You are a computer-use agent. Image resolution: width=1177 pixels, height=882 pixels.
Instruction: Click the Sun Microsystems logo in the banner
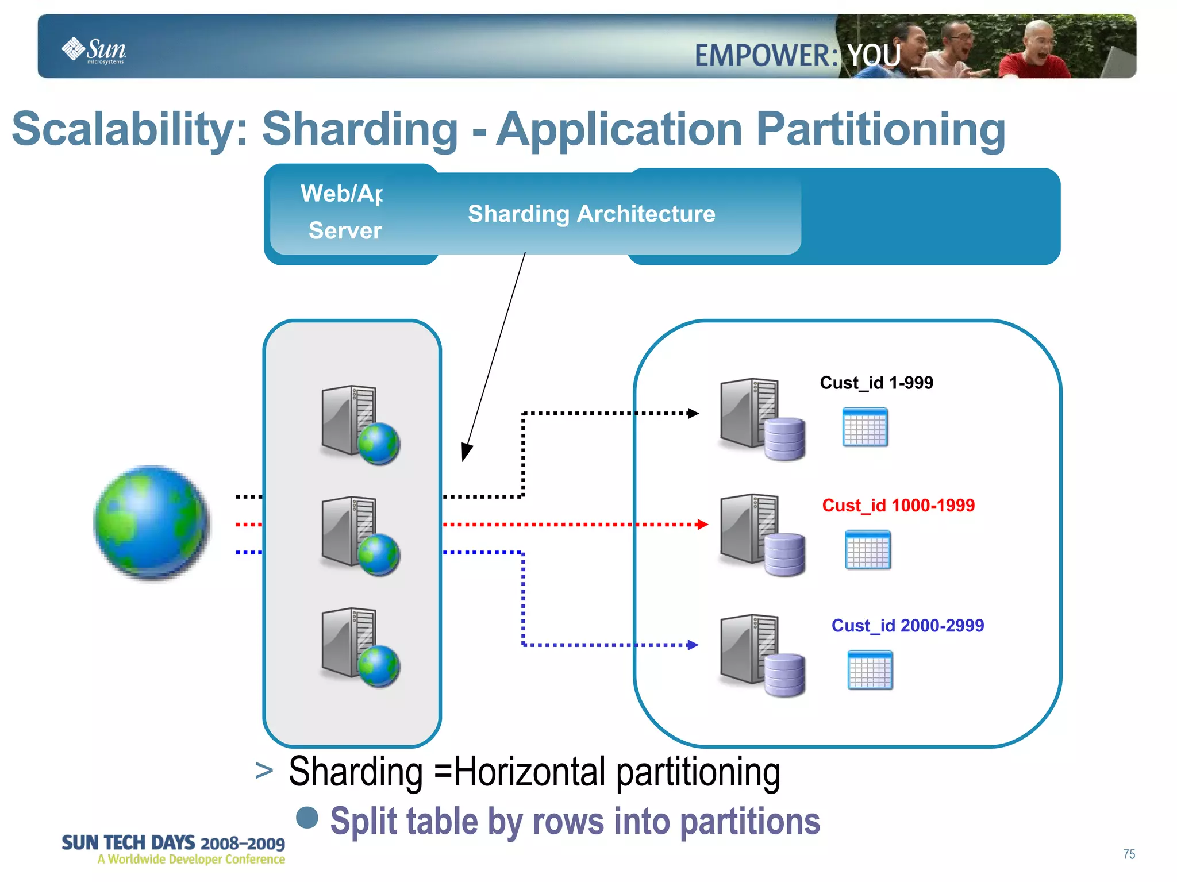tap(94, 50)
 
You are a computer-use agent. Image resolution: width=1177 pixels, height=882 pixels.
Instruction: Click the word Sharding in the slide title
tap(360, 129)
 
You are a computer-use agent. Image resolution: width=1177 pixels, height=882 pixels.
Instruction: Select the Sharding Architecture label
tap(591, 214)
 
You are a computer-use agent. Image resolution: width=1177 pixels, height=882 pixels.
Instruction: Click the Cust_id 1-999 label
tap(876, 383)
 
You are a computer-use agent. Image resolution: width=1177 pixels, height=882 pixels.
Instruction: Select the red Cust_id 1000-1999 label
tap(898, 506)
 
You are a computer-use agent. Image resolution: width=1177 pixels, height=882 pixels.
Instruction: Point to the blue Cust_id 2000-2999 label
tap(907, 625)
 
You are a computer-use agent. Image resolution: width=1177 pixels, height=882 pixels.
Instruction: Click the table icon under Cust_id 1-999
tap(865, 427)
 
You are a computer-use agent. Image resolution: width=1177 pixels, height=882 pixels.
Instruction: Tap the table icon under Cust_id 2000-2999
tap(870, 670)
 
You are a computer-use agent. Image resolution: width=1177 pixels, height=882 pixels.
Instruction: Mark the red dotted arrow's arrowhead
tap(702, 525)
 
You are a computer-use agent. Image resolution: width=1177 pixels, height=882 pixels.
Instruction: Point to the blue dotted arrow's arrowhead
tap(693, 645)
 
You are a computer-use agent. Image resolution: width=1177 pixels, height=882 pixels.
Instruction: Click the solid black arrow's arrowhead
tap(466, 453)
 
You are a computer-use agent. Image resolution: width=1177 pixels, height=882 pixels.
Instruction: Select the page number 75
tap(1129, 854)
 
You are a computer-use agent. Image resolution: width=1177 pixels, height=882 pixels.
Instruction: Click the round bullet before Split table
tap(307, 818)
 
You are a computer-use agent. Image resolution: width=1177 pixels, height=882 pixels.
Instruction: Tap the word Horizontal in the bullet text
tap(529, 772)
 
